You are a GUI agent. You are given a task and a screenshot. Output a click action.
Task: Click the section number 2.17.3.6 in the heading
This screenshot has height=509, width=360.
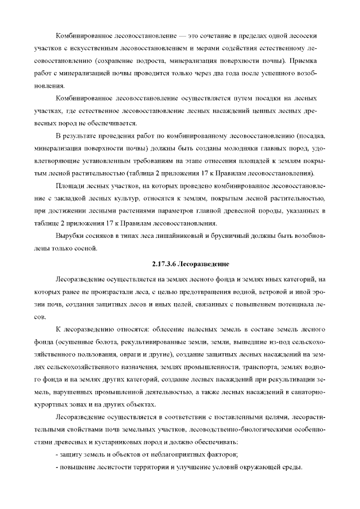pyautogui.click(x=165, y=263)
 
